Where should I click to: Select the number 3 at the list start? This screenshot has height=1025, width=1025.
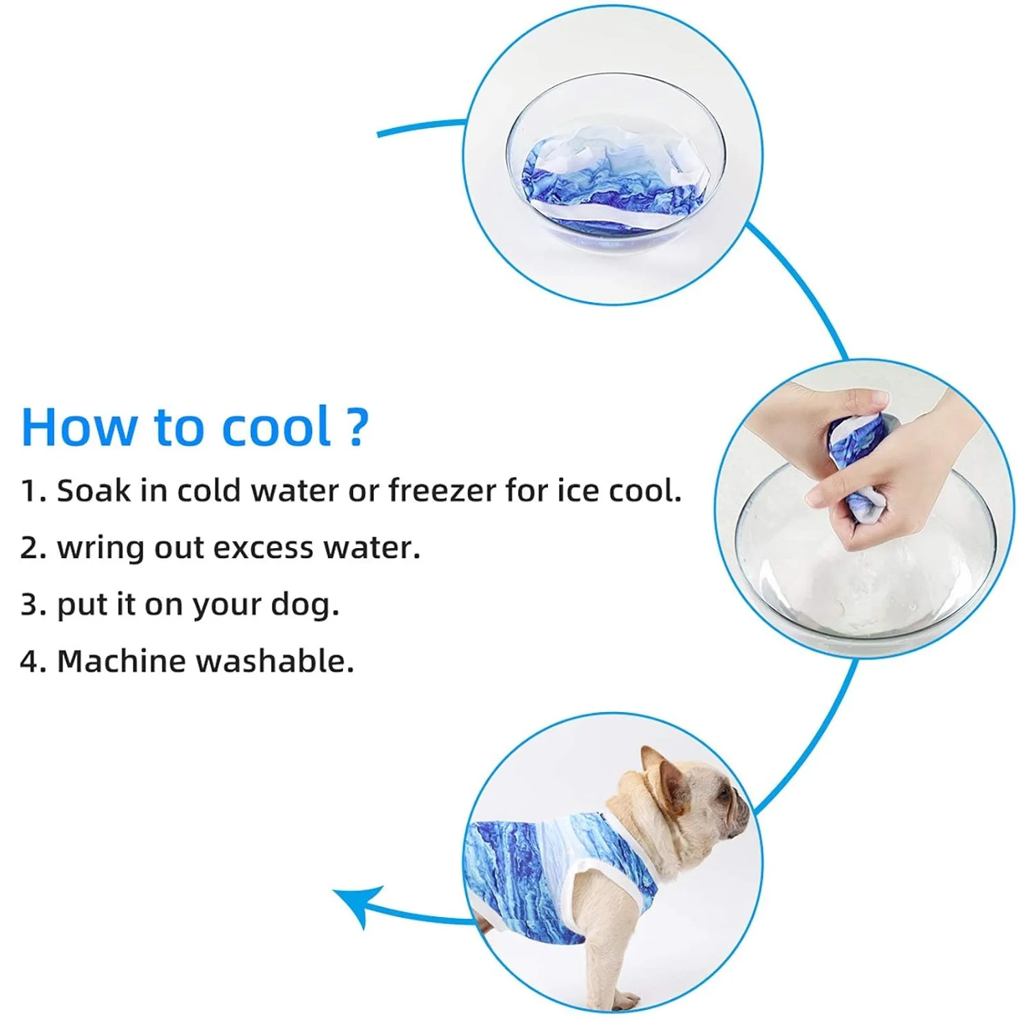[29, 605]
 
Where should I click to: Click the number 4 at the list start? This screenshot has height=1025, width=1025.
[29, 661]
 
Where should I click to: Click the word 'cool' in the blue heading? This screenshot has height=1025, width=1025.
[276, 426]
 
